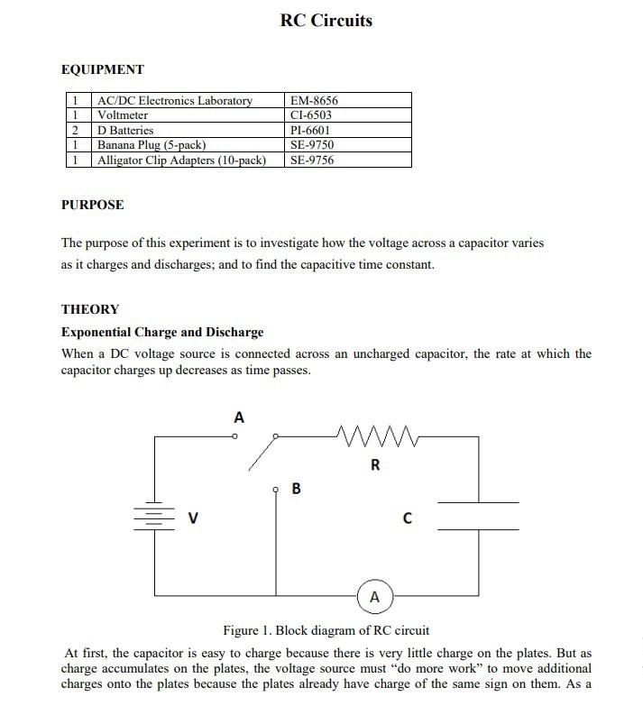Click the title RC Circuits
[x=326, y=21]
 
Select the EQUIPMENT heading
[x=102, y=69]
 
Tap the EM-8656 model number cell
[x=314, y=101]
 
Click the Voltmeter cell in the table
[x=123, y=115]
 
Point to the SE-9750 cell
[x=312, y=145]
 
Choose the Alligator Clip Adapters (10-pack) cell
[x=181, y=160]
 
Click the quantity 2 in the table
[x=76, y=131]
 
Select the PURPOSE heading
[x=92, y=205]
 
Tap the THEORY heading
[x=89, y=309]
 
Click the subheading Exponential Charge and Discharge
[x=162, y=332]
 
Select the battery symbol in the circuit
[x=154, y=518]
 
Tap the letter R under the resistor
[x=375, y=465]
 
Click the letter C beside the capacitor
[x=408, y=518]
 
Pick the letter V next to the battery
[x=193, y=518]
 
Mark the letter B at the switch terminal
[x=297, y=490]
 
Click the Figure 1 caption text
[x=326, y=629]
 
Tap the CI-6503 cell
[x=312, y=115]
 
